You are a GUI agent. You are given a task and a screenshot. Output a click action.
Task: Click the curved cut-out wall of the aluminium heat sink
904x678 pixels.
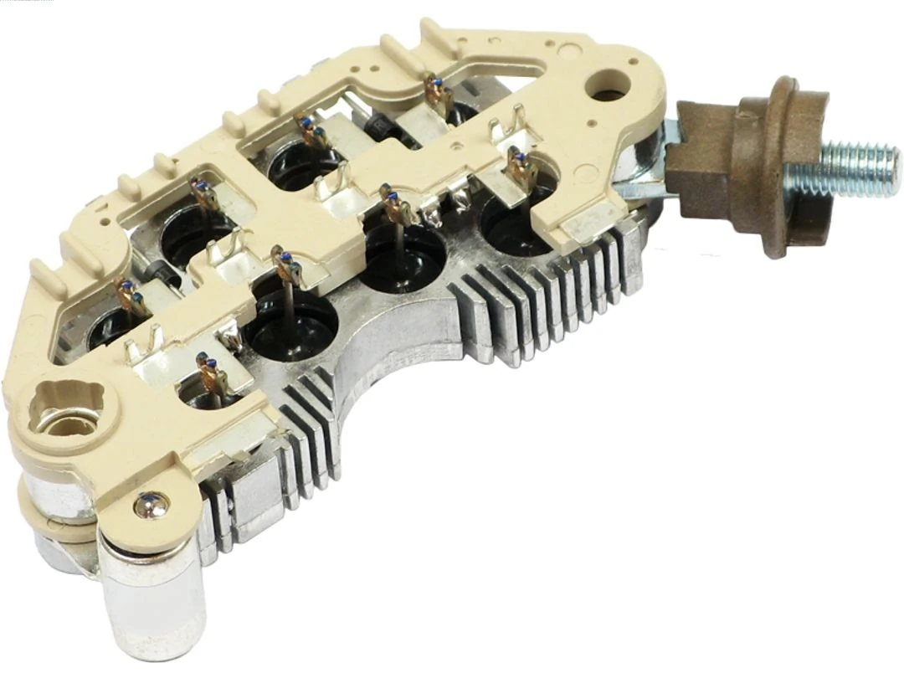click(x=393, y=368)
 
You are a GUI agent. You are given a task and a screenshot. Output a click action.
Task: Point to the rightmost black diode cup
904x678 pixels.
click(x=511, y=222)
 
